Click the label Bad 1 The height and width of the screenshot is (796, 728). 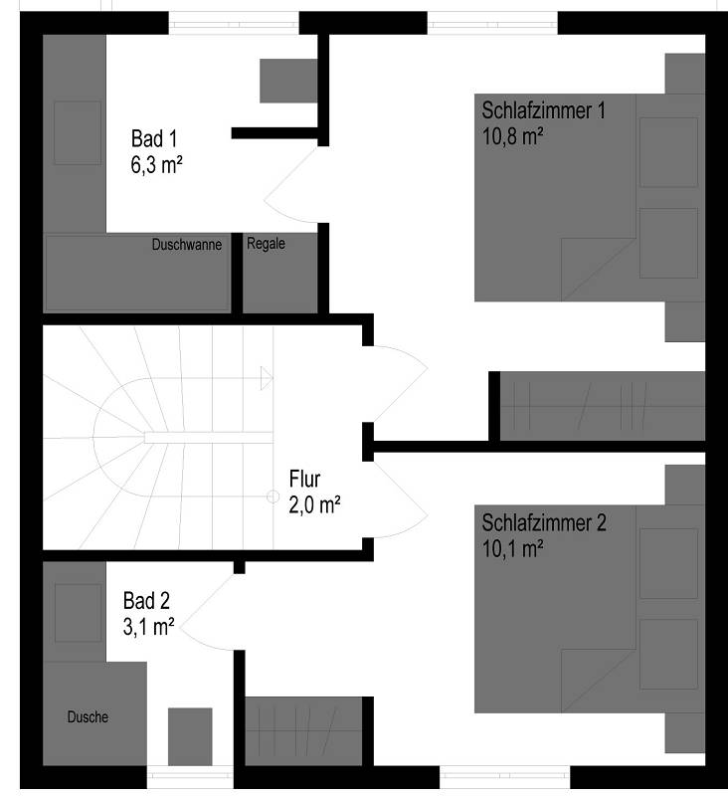point(154,138)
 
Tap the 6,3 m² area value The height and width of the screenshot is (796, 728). point(156,165)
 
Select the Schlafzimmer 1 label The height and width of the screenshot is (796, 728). point(543,110)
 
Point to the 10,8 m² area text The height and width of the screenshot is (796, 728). point(512,136)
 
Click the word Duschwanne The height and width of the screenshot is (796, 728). point(187,245)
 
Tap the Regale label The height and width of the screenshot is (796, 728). point(266,244)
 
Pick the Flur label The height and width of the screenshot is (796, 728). point(304,479)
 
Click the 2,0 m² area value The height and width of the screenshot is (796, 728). point(314,505)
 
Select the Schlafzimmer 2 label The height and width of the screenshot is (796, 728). point(544,523)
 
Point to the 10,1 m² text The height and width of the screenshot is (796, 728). point(512,549)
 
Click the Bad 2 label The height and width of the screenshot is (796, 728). point(146,601)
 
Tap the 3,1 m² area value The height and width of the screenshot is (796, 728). point(148,627)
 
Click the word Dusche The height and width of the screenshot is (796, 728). point(88,716)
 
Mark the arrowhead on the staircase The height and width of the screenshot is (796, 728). point(267,378)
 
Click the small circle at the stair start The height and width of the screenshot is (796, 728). point(273,496)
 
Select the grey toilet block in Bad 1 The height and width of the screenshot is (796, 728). point(288,81)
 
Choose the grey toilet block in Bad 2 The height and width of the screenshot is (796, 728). point(190,736)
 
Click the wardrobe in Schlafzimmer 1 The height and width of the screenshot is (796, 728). point(603,406)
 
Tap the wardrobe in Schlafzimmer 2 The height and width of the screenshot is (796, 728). point(303,731)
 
